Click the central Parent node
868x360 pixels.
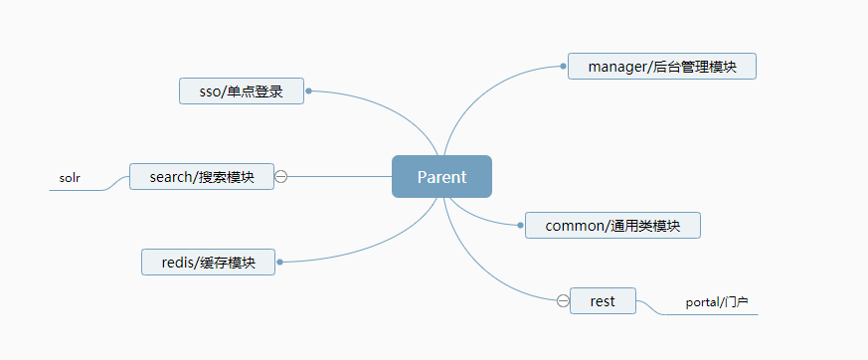tap(441, 177)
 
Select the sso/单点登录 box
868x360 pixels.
tap(242, 91)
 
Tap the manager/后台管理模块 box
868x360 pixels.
tap(661, 67)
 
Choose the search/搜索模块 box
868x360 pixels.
tap(202, 177)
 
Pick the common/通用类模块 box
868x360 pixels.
tap(612, 226)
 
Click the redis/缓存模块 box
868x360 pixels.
tap(208, 263)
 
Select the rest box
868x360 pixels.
tap(603, 300)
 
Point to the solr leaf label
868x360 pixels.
tap(70, 179)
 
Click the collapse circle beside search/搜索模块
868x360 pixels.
tap(280, 177)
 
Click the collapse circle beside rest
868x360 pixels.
tap(563, 300)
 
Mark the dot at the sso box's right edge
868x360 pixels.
tap(309, 90)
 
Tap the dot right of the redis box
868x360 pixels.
tap(280, 263)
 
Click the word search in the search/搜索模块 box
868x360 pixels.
tap(170, 177)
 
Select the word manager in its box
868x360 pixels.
tap(614, 67)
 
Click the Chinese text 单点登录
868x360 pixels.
tap(256, 91)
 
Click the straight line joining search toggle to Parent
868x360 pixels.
tap(338, 177)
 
